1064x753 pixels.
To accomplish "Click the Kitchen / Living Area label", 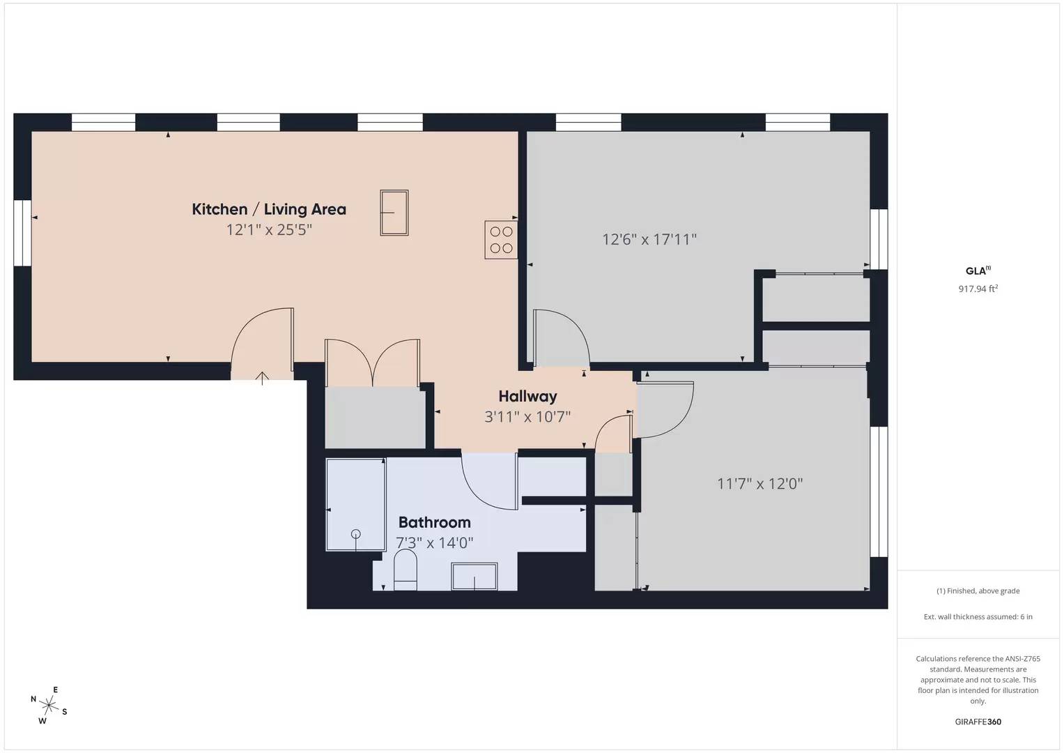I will click(x=269, y=209).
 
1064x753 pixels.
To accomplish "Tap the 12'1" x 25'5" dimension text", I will click(x=269, y=229).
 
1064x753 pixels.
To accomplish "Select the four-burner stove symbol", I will click(x=501, y=240).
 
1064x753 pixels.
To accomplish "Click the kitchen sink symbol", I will click(x=394, y=213).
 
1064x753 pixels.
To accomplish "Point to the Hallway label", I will click(x=527, y=397).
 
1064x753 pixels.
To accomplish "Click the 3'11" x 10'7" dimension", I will click(x=527, y=417).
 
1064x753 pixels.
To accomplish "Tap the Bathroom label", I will click(x=434, y=522).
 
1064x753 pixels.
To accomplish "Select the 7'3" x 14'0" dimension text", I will click(x=434, y=542).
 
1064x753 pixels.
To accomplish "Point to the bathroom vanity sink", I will click(x=475, y=577).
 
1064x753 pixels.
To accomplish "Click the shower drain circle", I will click(x=356, y=534).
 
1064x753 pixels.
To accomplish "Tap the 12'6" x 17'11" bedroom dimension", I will click(x=649, y=240).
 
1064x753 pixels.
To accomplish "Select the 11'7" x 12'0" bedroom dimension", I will click(x=760, y=483).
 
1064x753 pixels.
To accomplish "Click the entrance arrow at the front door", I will click(x=262, y=378).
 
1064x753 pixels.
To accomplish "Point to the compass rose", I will click(x=49, y=705).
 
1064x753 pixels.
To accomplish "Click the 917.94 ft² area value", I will click(x=978, y=289).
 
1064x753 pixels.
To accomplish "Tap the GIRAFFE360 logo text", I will click(x=978, y=722).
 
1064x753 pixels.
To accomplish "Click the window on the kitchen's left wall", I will click(x=22, y=233).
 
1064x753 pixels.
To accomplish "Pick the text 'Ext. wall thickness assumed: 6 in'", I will click(x=978, y=616).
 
